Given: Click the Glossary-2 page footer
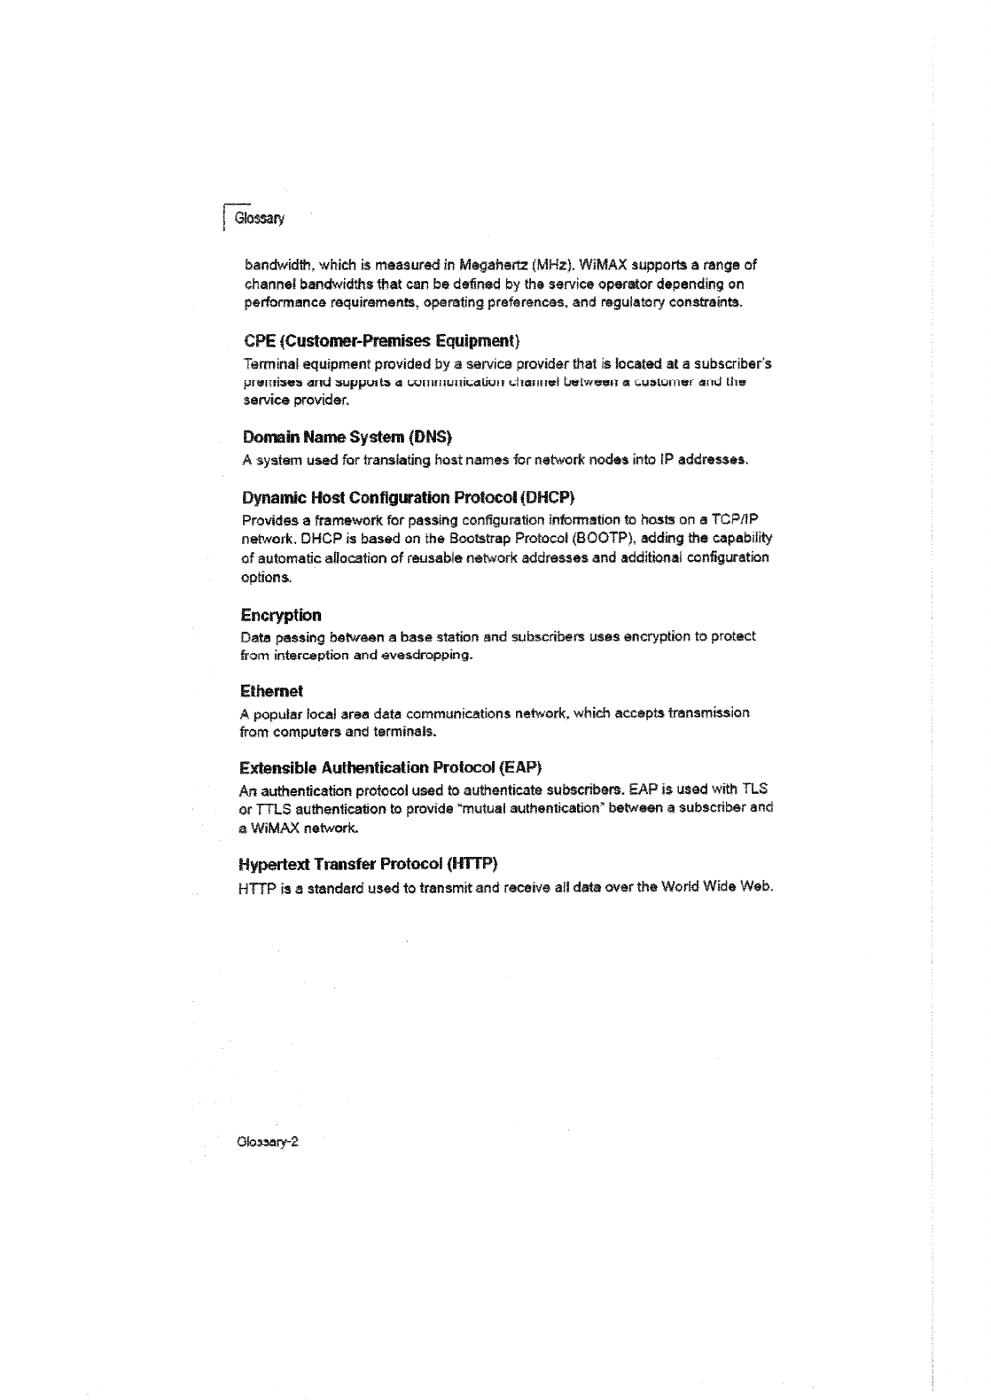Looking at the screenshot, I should click(267, 1142).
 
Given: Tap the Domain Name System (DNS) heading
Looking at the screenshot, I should click(347, 438).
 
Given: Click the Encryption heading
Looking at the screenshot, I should click(281, 615).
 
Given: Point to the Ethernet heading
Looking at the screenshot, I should click(272, 690).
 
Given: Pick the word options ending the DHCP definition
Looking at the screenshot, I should click(266, 578).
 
